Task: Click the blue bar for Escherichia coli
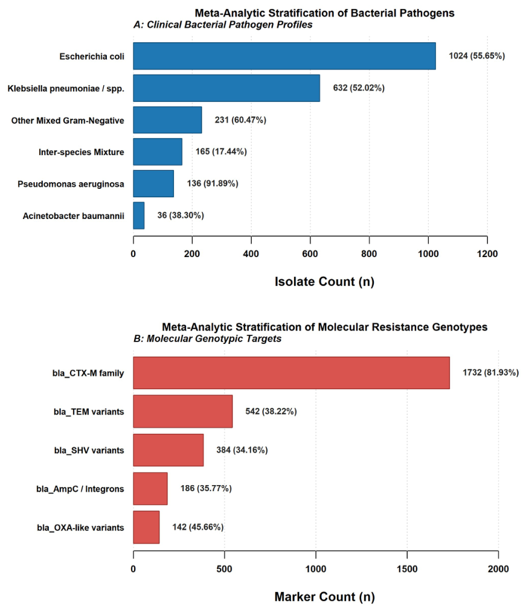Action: point(284,56)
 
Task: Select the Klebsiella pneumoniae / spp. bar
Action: point(226,88)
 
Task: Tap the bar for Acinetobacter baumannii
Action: point(139,215)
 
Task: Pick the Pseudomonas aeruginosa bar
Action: point(153,183)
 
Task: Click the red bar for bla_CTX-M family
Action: point(291,373)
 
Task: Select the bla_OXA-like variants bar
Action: point(146,527)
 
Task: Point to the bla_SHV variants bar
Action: point(168,450)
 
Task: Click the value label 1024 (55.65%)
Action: point(476,56)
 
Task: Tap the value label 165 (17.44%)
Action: point(221,151)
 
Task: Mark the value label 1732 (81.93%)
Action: point(490,373)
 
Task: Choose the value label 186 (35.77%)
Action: point(206,488)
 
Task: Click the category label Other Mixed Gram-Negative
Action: point(68,121)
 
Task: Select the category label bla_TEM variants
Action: point(89,411)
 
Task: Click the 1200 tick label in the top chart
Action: point(487,253)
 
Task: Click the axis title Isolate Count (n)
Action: point(324,281)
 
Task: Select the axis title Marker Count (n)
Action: point(324,596)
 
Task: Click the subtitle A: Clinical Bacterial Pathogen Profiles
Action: point(223,25)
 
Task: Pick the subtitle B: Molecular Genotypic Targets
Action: point(207,339)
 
